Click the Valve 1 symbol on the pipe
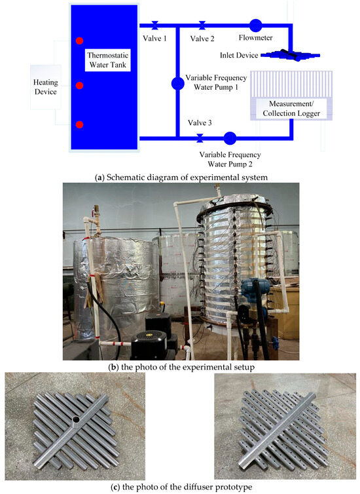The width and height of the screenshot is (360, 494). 154,26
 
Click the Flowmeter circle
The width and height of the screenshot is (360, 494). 255,26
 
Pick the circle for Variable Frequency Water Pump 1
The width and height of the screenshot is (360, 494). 177,83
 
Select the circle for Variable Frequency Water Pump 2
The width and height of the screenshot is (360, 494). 229,138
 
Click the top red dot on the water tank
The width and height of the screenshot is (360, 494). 79,41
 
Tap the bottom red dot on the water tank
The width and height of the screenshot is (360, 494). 79,124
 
